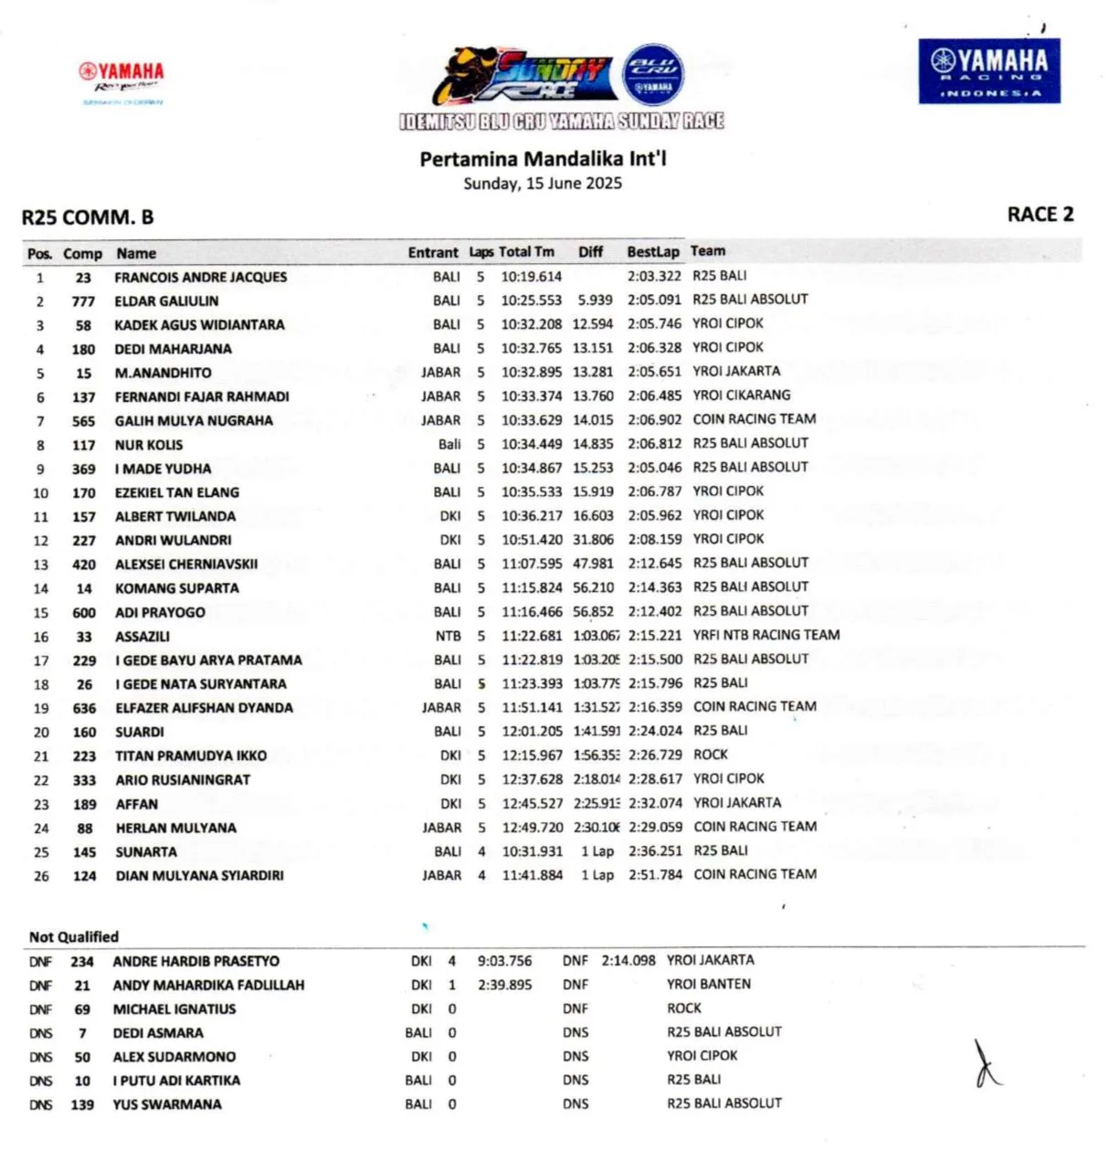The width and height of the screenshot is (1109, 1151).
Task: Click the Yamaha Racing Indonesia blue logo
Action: click(989, 71)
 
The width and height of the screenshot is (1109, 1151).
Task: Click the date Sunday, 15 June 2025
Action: click(543, 184)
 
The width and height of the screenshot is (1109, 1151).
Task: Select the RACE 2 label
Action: click(1040, 215)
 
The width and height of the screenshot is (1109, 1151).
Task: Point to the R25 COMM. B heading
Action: click(88, 217)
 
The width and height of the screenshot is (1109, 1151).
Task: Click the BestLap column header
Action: click(652, 252)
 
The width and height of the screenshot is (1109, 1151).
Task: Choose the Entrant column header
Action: click(433, 253)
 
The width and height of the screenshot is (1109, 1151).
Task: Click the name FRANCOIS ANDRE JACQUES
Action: click(200, 277)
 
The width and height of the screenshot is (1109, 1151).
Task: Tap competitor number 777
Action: click(83, 301)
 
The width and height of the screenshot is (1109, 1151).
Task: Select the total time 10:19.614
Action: click(532, 277)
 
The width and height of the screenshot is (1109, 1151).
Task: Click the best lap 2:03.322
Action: click(654, 276)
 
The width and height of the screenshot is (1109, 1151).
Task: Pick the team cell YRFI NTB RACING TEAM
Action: click(766, 635)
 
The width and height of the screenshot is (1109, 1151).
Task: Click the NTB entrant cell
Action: click(448, 637)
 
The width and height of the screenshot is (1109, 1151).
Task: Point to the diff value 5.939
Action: click(595, 300)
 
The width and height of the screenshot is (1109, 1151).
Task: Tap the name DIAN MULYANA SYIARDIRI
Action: click(199, 875)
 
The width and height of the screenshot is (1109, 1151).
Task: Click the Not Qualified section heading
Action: click(74, 937)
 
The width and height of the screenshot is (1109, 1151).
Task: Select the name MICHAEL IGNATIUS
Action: click(174, 1009)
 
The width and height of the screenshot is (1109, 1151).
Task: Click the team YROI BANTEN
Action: click(709, 984)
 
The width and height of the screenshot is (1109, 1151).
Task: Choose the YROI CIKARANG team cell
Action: click(741, 396)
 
